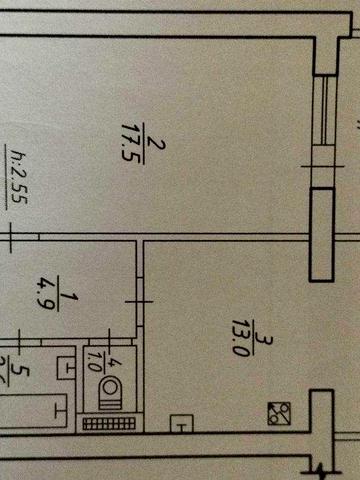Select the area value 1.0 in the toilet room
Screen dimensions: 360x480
[96, 357]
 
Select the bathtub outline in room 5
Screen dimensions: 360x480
[30, 409]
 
